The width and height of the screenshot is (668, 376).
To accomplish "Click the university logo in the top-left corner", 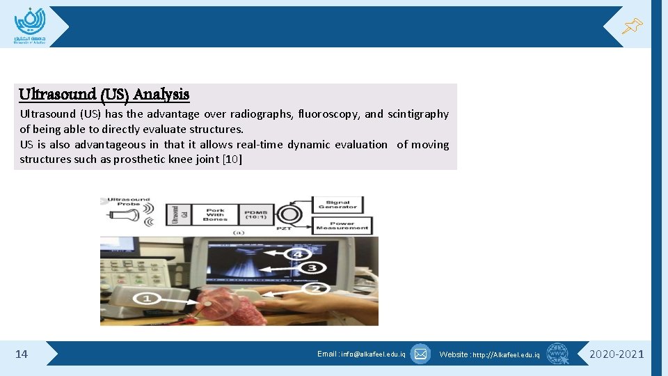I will (29, 26).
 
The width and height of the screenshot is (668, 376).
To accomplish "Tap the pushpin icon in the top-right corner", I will (632, 26).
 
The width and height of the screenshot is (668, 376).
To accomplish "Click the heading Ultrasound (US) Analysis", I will (104, 94).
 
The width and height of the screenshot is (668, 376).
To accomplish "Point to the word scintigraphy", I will (417, 114).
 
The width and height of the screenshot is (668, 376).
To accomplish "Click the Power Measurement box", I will (342, 226).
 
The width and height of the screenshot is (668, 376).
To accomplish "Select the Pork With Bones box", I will (215, 214).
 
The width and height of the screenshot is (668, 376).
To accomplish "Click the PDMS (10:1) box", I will (257, 214).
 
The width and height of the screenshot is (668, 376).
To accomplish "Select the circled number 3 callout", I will (312, 267).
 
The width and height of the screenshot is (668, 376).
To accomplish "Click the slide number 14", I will (22, 354).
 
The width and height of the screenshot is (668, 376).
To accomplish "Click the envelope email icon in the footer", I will (420, 354).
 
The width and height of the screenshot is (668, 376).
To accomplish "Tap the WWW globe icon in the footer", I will (557, 354).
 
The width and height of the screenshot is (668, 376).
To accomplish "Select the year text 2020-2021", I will (617, 354).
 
